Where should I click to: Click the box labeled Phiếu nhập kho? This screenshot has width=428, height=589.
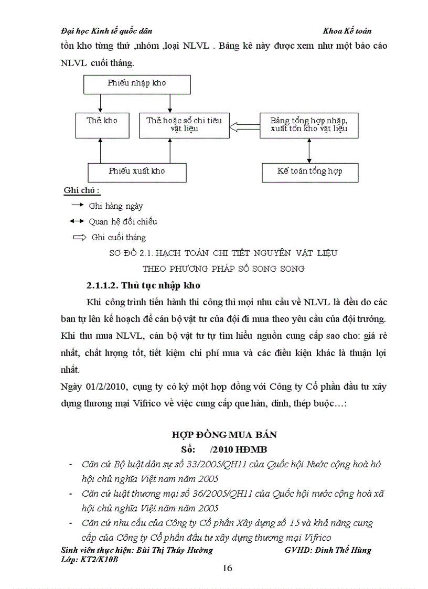[137, 84]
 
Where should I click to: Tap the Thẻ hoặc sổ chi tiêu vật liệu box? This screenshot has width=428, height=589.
[184, 124]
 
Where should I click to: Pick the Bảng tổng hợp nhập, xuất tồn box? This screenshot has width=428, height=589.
[309, 125]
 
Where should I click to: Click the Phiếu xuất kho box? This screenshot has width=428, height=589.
[137, 172]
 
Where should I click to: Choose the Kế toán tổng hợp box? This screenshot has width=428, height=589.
[310, 172]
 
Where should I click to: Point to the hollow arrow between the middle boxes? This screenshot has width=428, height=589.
[245, 125]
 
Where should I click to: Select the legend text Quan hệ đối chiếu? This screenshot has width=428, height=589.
[123, 222]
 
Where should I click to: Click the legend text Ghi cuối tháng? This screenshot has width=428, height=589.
[119, 238]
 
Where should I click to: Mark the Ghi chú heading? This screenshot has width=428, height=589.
[82, 190]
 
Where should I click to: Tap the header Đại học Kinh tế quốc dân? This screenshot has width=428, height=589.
[107, 31]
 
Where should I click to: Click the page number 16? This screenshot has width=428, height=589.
[228, 569]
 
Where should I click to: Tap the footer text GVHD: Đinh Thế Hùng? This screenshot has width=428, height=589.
[327, 550]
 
